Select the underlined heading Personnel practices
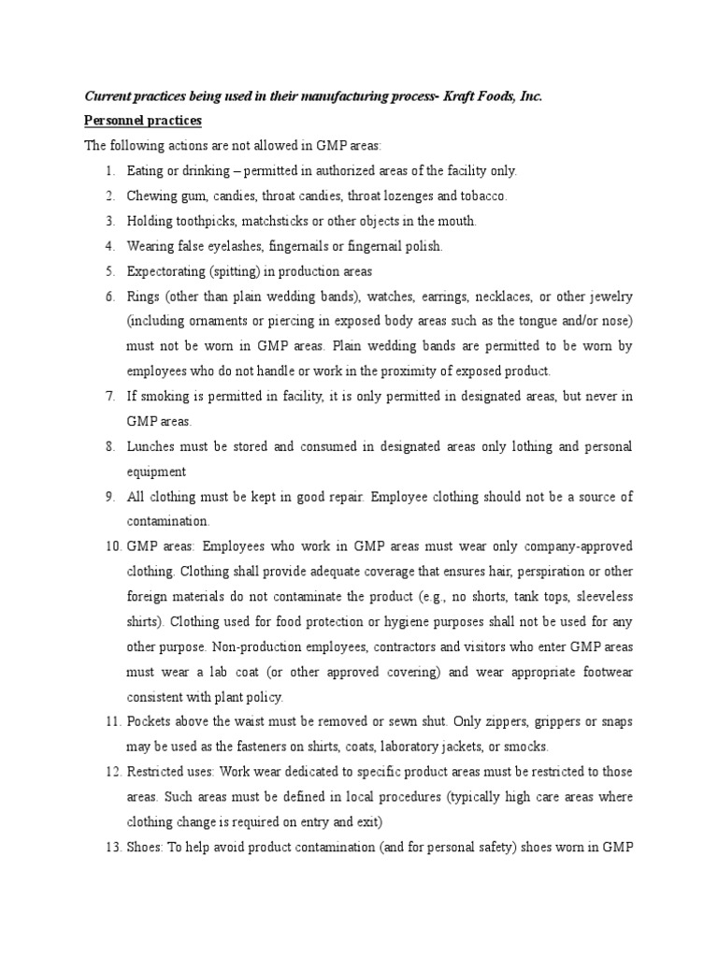pos(143,122)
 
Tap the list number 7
pos(109,397)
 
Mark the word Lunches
pos(150,447)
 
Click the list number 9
pos(109,497)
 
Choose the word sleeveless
pos(602,597)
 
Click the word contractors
pos(404,647)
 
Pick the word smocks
pos(527,748)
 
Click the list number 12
pos(107,773)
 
